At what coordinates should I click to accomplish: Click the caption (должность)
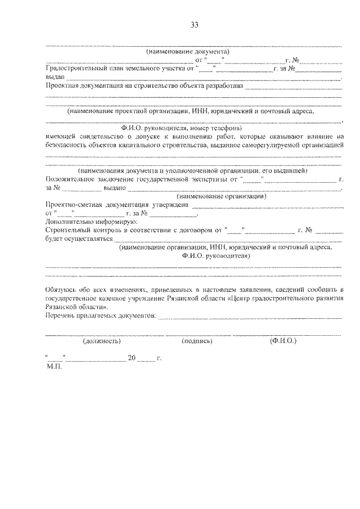pyautogui.click(x=101, y=341)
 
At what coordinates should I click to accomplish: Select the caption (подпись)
pyautogui.click(x=196, y=341)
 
